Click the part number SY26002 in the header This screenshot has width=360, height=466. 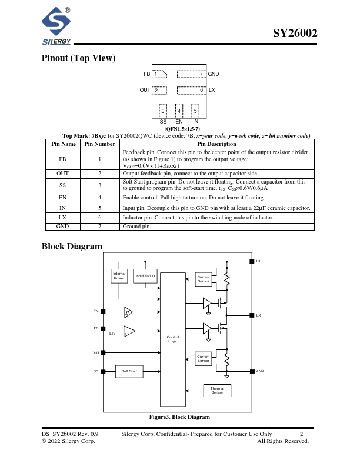pos(295,34)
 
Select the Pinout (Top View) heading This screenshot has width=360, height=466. pos(78,58)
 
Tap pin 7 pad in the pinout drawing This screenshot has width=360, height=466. pos(191,74)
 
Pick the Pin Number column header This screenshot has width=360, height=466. pos(99,144)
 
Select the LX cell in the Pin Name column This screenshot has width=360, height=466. pos(63,217)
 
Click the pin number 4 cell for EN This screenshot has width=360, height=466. pos(99,198)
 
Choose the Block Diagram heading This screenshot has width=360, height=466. pos(72,247)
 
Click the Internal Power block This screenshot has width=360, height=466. pos(119,275)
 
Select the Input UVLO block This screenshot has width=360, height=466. pos(145,276)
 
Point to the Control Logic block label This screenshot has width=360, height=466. pos(172,339)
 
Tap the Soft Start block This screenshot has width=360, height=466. pos(129,371)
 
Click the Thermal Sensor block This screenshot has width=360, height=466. pos(217,390)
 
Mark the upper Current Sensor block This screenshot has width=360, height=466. pos(204,279)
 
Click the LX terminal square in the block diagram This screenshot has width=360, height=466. pos(252,315)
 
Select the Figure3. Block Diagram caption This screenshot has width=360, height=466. pos(179,417)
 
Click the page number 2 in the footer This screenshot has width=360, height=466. pos(301,434)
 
